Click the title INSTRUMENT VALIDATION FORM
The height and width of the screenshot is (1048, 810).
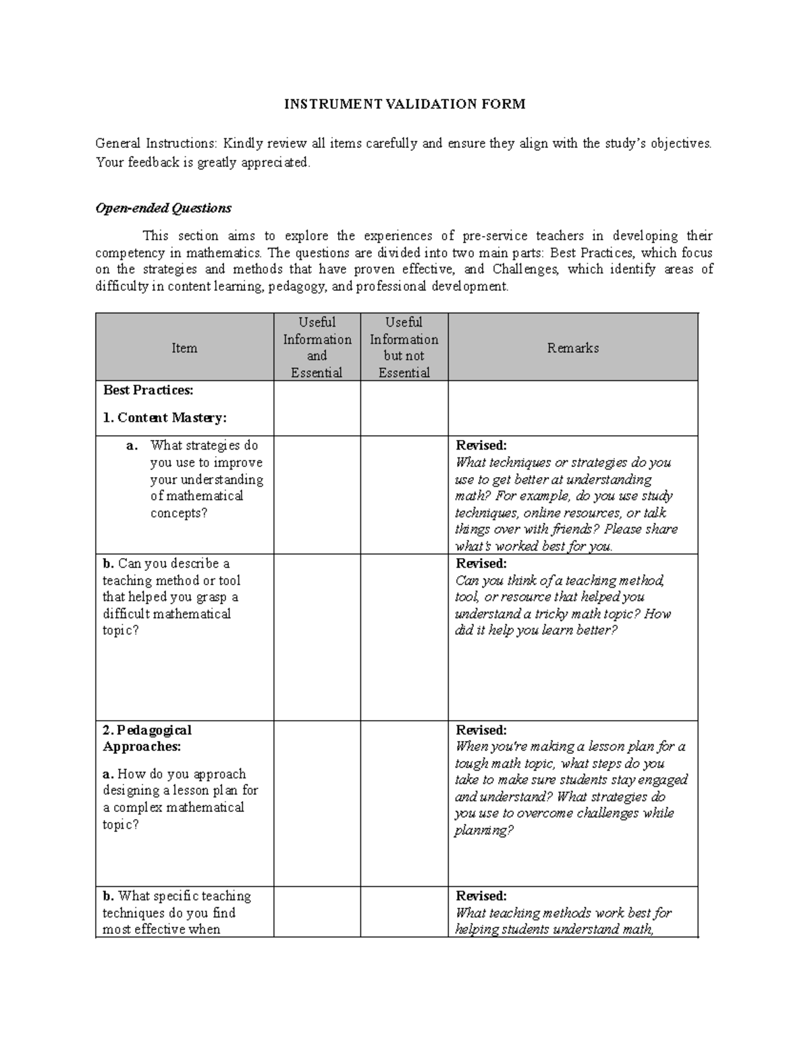pos(404,104)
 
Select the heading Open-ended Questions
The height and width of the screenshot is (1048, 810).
pos(163,208)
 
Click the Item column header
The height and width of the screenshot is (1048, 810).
pos(184,348)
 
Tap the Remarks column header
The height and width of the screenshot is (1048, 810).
pos(572,348)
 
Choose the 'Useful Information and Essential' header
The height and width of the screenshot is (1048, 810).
pos(317,348)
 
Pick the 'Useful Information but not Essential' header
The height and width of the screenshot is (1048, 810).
pos(404,348)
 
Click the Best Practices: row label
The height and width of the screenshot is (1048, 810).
pos(148,390)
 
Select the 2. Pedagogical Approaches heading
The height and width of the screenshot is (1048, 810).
pos(147,738)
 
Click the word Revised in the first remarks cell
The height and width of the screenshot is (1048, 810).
pos(481,445)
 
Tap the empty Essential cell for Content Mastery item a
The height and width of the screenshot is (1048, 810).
pos(317,495)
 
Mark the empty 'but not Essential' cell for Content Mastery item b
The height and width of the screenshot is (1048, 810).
pos(404,637)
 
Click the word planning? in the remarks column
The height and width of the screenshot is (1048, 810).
pos(483,830)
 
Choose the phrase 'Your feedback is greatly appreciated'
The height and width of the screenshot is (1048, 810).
pos(202,162)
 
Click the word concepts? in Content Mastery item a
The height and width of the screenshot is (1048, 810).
pos(179,513)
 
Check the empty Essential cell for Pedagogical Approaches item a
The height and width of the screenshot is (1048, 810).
pos(317,803)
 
